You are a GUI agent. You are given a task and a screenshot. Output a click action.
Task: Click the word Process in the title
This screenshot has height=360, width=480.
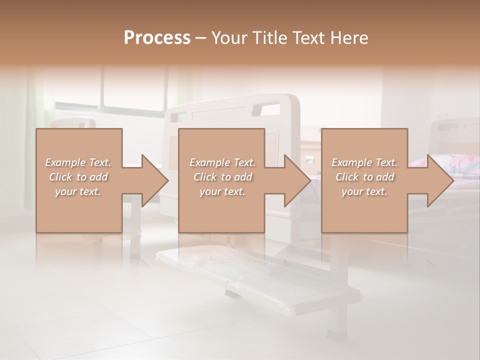tap(157, 38)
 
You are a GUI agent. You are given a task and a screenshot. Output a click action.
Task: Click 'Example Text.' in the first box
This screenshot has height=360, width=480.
tap(78, 162)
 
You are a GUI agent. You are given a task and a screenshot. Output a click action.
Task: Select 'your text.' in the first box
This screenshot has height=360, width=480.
tap(78, 191)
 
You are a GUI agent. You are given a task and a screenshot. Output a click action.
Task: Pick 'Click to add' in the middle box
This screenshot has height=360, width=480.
tap(222, 177)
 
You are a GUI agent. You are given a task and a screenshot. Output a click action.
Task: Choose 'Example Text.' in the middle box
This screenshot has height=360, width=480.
tap(222, 162)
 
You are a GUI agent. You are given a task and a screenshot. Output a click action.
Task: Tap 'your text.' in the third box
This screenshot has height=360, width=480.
tap(364, 191)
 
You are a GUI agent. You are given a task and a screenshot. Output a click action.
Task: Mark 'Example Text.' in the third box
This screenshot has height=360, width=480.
tap(364, 162)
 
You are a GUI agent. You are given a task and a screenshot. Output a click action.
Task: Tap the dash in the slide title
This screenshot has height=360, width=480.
tap(201, 38)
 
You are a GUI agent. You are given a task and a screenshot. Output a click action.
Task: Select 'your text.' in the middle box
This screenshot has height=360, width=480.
tap(222, 191)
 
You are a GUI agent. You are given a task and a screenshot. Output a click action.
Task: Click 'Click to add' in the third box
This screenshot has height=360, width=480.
tap(364, 177)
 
